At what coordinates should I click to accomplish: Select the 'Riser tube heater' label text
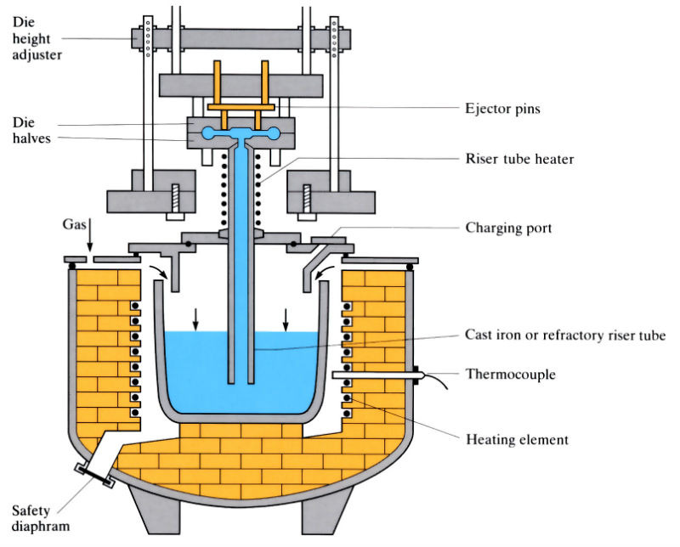pos(521,159)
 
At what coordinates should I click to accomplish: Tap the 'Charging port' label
pos(507,228)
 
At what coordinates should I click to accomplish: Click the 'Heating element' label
pos(517,439)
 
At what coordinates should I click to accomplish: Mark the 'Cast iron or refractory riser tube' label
pos(564,335)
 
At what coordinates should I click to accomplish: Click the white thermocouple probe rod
pos(374,375)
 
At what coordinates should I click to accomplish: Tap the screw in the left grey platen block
pos(176,197)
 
